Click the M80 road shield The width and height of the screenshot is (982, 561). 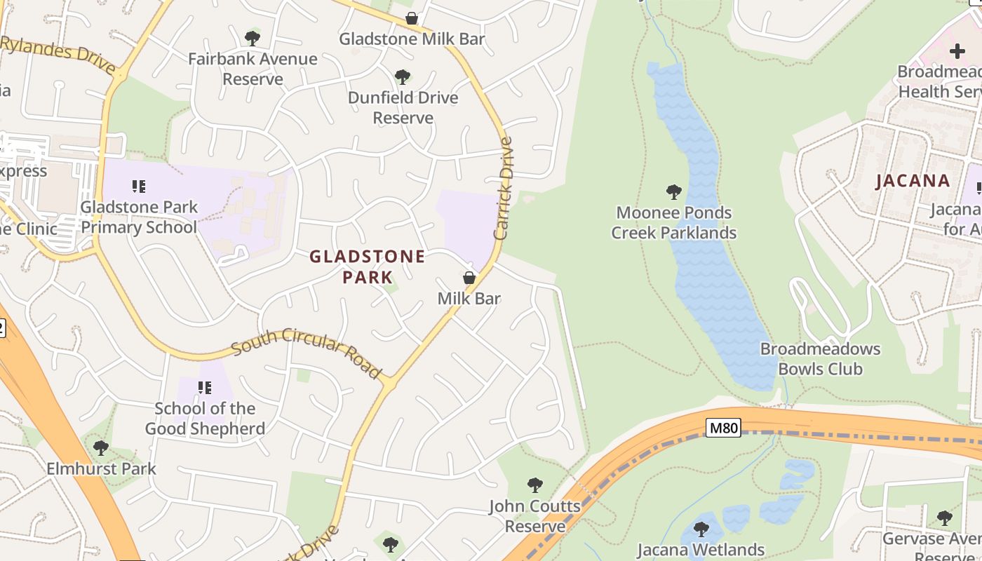[x=722, y=427]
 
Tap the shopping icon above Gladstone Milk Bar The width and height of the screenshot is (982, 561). [x=412, y=18]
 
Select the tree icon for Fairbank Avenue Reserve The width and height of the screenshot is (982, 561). [x=253, y=38]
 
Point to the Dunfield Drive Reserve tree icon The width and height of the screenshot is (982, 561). [x=403, y=76]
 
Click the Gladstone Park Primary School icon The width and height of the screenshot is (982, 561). [x=139, y=187]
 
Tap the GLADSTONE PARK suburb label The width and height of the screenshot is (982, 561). [x=368, y=266]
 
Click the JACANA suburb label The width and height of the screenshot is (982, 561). [x=913, y=181]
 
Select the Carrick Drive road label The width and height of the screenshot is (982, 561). [x=504, y=188]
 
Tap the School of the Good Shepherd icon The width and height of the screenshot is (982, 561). [x=204, y=388]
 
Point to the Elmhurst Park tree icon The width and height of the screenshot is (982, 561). [x=101, y=447]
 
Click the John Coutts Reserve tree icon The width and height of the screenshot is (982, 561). [x=535, y=485]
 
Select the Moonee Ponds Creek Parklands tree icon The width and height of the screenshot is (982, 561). [x=673, y=191]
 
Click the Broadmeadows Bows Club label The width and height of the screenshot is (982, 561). [x=820, y=359]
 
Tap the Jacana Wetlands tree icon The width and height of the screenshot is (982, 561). [x=701, y=529]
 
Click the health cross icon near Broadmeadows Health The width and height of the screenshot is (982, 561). [x=957, y=50]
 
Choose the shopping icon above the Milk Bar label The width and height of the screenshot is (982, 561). [x=469, y=278]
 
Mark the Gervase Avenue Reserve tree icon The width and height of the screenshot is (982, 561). [x=944, y=518]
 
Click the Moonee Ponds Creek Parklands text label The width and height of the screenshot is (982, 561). [x=673, y=222]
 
